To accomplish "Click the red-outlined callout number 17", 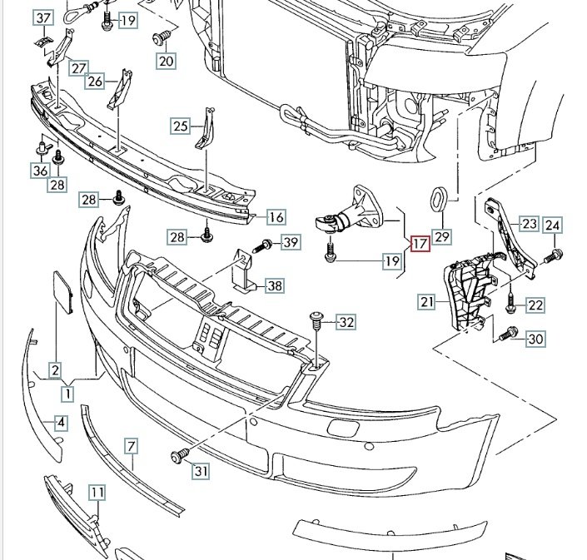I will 419,245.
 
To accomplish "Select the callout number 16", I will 276,218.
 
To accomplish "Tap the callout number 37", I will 44,18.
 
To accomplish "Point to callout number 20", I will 167,60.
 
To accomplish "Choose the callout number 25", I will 181,126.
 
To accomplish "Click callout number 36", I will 40,171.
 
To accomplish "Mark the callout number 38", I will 274,286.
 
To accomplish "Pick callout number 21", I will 427,302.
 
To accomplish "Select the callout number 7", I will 131,446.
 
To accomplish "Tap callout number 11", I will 97,493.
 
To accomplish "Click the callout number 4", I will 61,423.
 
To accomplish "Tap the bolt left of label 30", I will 510,335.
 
